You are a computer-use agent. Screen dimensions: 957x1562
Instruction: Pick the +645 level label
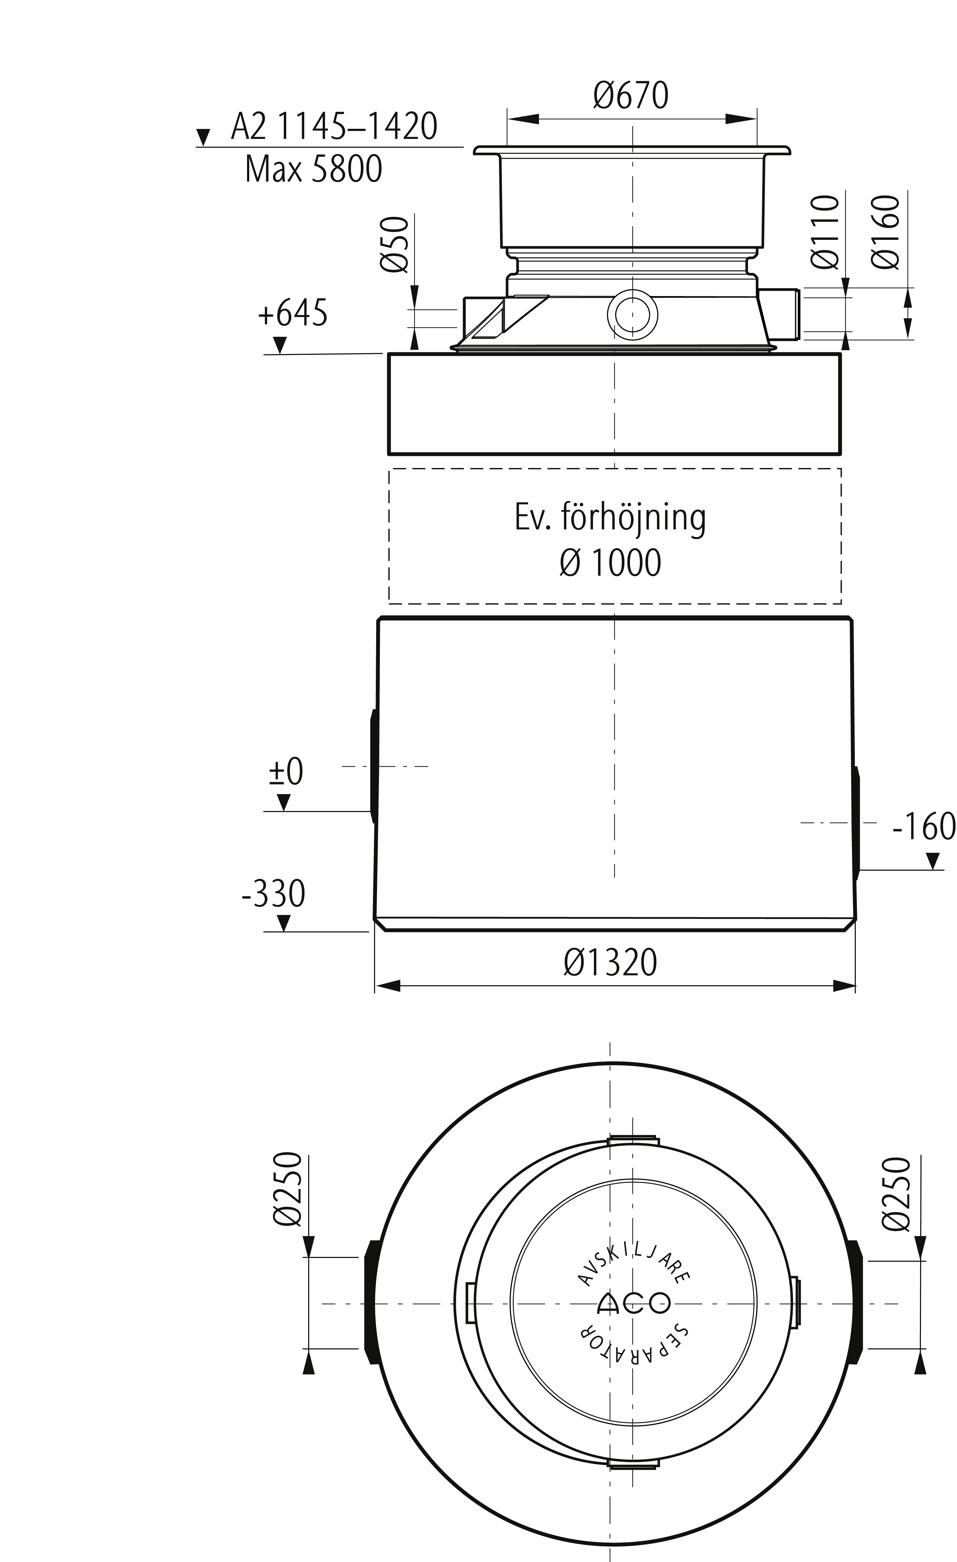pyautogui.click(x=292, y=313)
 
